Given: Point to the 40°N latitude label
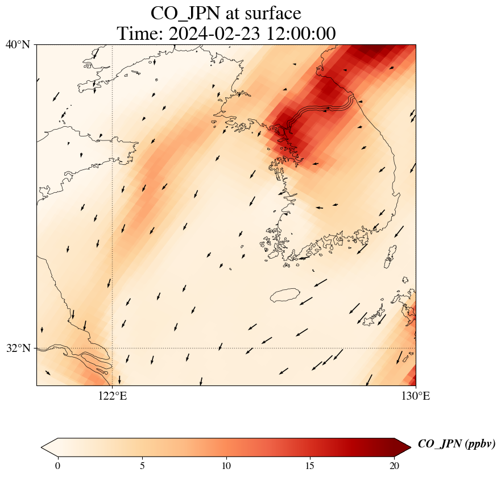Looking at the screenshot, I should tap(18, 44).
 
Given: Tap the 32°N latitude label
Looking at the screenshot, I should tap(18, 348).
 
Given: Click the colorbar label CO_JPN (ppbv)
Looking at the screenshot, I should tap(456, 444).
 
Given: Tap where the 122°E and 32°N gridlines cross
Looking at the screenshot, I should tap(113, 348).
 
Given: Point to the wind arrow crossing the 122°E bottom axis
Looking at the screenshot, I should tap(119, 380).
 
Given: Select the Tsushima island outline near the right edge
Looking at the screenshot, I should tap(391, 256).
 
